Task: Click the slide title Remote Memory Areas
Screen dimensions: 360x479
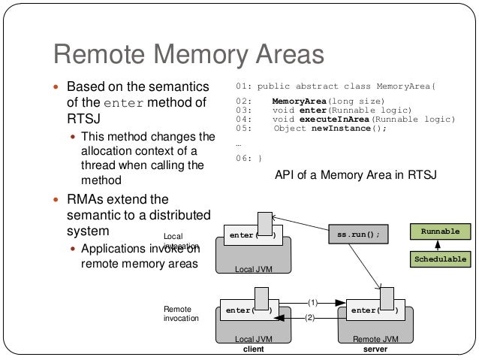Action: pyautogui.click(x=188, y=54)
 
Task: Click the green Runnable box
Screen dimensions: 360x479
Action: pyautogui.click(x=440, y=231)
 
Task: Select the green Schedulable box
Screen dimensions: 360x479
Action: pyautogui.click(x=440, y=259)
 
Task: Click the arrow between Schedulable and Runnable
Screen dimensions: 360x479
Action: pyautogui.click(x=438, y=246)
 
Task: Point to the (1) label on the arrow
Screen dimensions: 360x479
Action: pyautogui.click(x=313, y=302)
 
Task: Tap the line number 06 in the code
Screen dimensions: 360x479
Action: pyautogui.click(x=242, y=158)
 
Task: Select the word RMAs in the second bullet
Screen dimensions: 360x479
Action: pyautogui.click(x=86, y=200)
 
